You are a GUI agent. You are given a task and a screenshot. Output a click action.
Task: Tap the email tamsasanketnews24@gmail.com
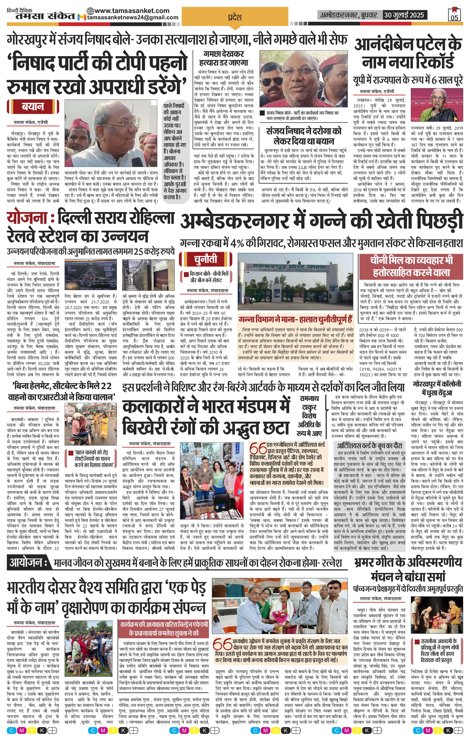coord(133,18)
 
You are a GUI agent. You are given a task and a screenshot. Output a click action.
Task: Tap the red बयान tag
coord(33,107)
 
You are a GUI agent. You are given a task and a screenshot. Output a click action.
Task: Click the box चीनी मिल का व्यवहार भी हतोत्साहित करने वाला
coord(411,266)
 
